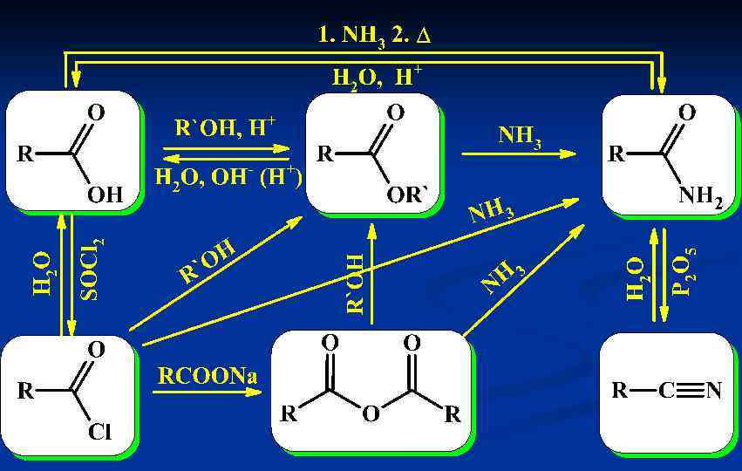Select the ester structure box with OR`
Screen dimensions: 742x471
[372, 153]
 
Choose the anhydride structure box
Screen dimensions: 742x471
[371, 390]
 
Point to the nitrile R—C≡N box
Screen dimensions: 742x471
[667, 392]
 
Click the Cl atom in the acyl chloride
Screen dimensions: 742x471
[99, 433]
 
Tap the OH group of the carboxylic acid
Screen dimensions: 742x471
[107, 195]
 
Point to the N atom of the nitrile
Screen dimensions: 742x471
[714, 392]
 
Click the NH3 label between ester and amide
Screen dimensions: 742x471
[520, 137]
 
